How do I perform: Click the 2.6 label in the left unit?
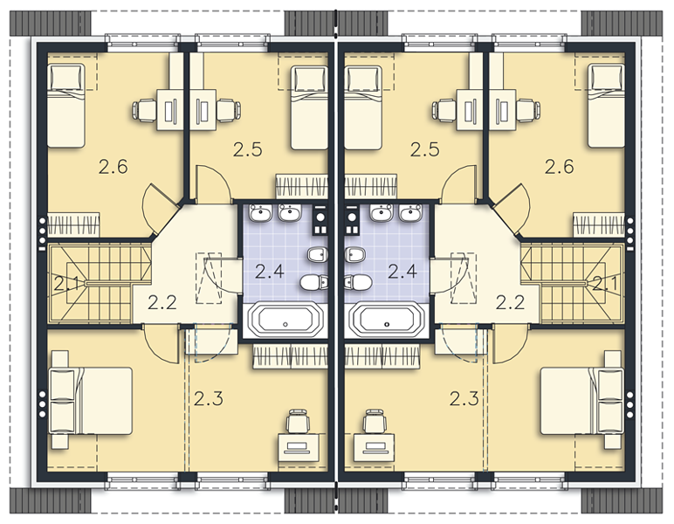113,166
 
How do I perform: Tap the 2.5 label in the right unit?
424,149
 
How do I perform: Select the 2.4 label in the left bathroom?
269,272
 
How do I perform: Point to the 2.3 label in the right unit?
464,399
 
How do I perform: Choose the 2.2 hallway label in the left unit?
162,303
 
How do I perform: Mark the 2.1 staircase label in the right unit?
605,284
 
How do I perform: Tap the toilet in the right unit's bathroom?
359,282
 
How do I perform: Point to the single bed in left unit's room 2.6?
65,106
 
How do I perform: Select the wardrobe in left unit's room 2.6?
73,224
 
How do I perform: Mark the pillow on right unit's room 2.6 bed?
606,77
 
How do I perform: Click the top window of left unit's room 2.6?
142,39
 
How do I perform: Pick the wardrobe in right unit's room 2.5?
370,187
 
